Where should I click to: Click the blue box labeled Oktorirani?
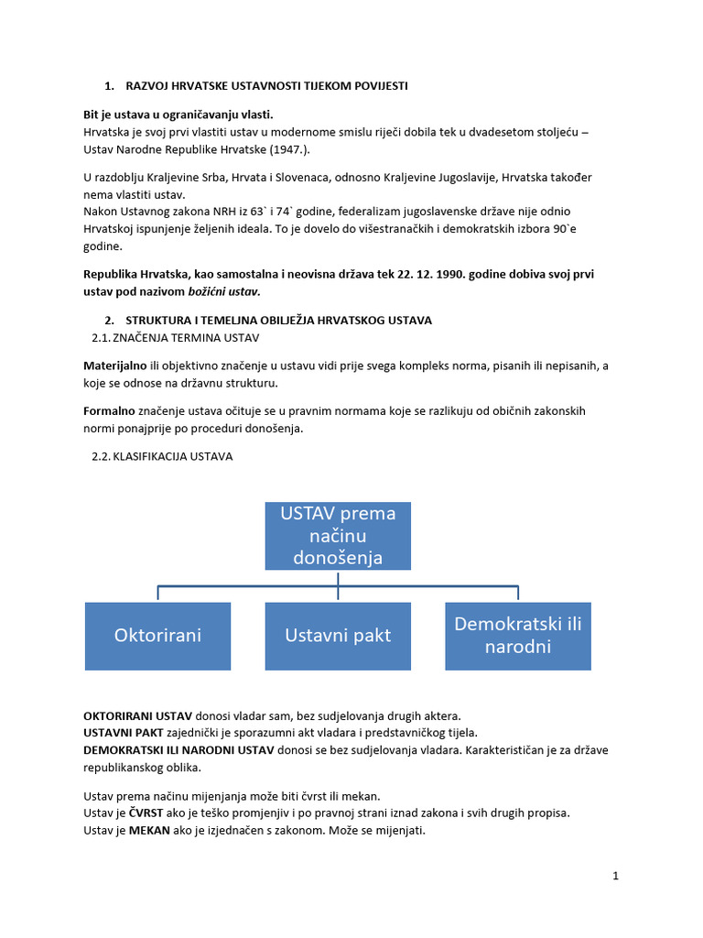click(157, 636)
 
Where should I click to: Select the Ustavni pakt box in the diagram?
click(338, 636)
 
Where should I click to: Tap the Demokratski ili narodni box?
click(518, 636)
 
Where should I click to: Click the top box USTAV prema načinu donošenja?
click(338, 535)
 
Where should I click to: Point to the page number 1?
click(616, 876)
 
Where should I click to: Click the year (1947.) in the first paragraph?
click(298, 148)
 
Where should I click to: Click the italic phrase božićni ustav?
click(224, 291)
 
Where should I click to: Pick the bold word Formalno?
click(109, 410)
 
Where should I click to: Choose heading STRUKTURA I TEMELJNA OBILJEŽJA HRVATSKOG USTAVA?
click(278, 320)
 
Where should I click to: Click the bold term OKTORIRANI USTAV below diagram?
click(137, 714)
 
